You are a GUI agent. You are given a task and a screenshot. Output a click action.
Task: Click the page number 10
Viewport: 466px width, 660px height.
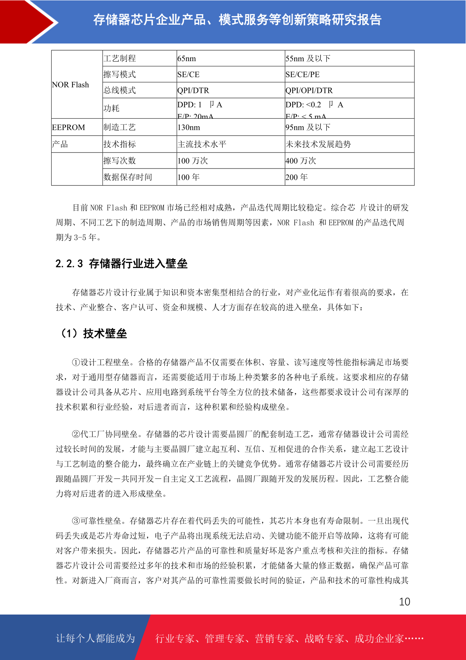pyautogui.click(x=404, y=602)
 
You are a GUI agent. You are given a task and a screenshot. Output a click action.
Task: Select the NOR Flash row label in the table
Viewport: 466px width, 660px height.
pyautogui.click(x=70, y=85)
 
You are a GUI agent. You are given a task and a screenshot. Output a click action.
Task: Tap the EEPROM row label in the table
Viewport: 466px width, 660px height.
pyautogui.click(x=68, y=127)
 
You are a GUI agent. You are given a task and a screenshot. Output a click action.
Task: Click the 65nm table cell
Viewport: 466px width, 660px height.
pyautogui.click(x=187, y=58)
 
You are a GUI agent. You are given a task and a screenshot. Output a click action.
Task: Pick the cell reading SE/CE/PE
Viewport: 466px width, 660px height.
pyautogui.click(x=302, y=74)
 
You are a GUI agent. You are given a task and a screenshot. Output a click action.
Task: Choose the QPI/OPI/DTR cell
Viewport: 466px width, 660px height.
pyautogui.click(x=309, y=91)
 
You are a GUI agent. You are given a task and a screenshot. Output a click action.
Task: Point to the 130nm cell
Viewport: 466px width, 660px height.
pyautogui.click(x=189, y=127)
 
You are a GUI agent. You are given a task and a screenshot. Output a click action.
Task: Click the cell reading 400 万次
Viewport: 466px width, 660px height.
pyautogui.click(x=301, y=161)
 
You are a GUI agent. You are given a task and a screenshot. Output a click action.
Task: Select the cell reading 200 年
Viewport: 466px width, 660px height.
pyautogui.click(x=297, y=177)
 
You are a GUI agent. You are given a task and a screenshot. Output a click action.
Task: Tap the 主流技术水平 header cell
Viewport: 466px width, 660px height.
pyautogui.click(x=202, y=144)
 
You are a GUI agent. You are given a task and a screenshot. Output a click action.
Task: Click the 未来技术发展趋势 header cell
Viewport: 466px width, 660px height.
pyautogui.click(x=318, y=144)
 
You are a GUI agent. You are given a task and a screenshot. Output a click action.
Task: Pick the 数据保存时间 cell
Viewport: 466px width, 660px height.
pyautogui.click(x=128, y=177)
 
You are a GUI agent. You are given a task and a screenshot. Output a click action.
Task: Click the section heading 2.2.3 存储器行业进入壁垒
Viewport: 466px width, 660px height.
pyautogui.click(x=121, y=263)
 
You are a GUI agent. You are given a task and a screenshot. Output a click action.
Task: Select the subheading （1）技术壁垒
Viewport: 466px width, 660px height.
pyautogui.click(x=93, y=334)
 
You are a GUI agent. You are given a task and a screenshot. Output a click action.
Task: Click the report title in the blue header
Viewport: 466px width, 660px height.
pyautogui.click(x=237, y=20)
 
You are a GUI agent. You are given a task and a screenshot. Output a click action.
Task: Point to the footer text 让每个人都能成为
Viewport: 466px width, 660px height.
pyautogui.click(x=95, y=638)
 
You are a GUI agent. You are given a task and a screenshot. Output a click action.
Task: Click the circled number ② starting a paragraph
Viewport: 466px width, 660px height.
pyautogui.click(x=76, y=434)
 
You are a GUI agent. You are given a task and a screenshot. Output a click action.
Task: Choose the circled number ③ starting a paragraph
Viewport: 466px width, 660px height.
pyautogui.click(x=76, y=521)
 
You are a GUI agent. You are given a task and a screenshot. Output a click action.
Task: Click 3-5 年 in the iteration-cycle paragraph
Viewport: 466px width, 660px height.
pyautogui.click(x=85, y=238)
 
